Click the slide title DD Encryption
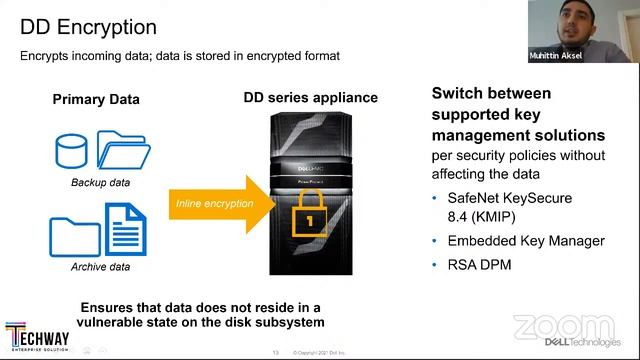coord(88,26)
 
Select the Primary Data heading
coord(96,99)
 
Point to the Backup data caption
coord(100,182)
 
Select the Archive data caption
coord(100,267)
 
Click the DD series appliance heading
coord(309,97)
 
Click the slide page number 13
coord(275,352)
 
